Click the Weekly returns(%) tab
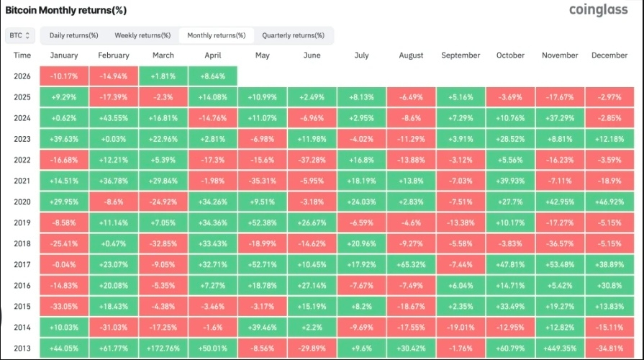(142, 35)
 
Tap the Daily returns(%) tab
(73, 35)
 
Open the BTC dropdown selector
(20, 35)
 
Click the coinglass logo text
(600, 9)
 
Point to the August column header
(411, 55)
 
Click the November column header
(560, 55)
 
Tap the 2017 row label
(22, 264)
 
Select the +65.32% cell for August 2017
(411, 264)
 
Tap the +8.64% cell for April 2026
(212, 76)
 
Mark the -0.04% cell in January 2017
(64, 264)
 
